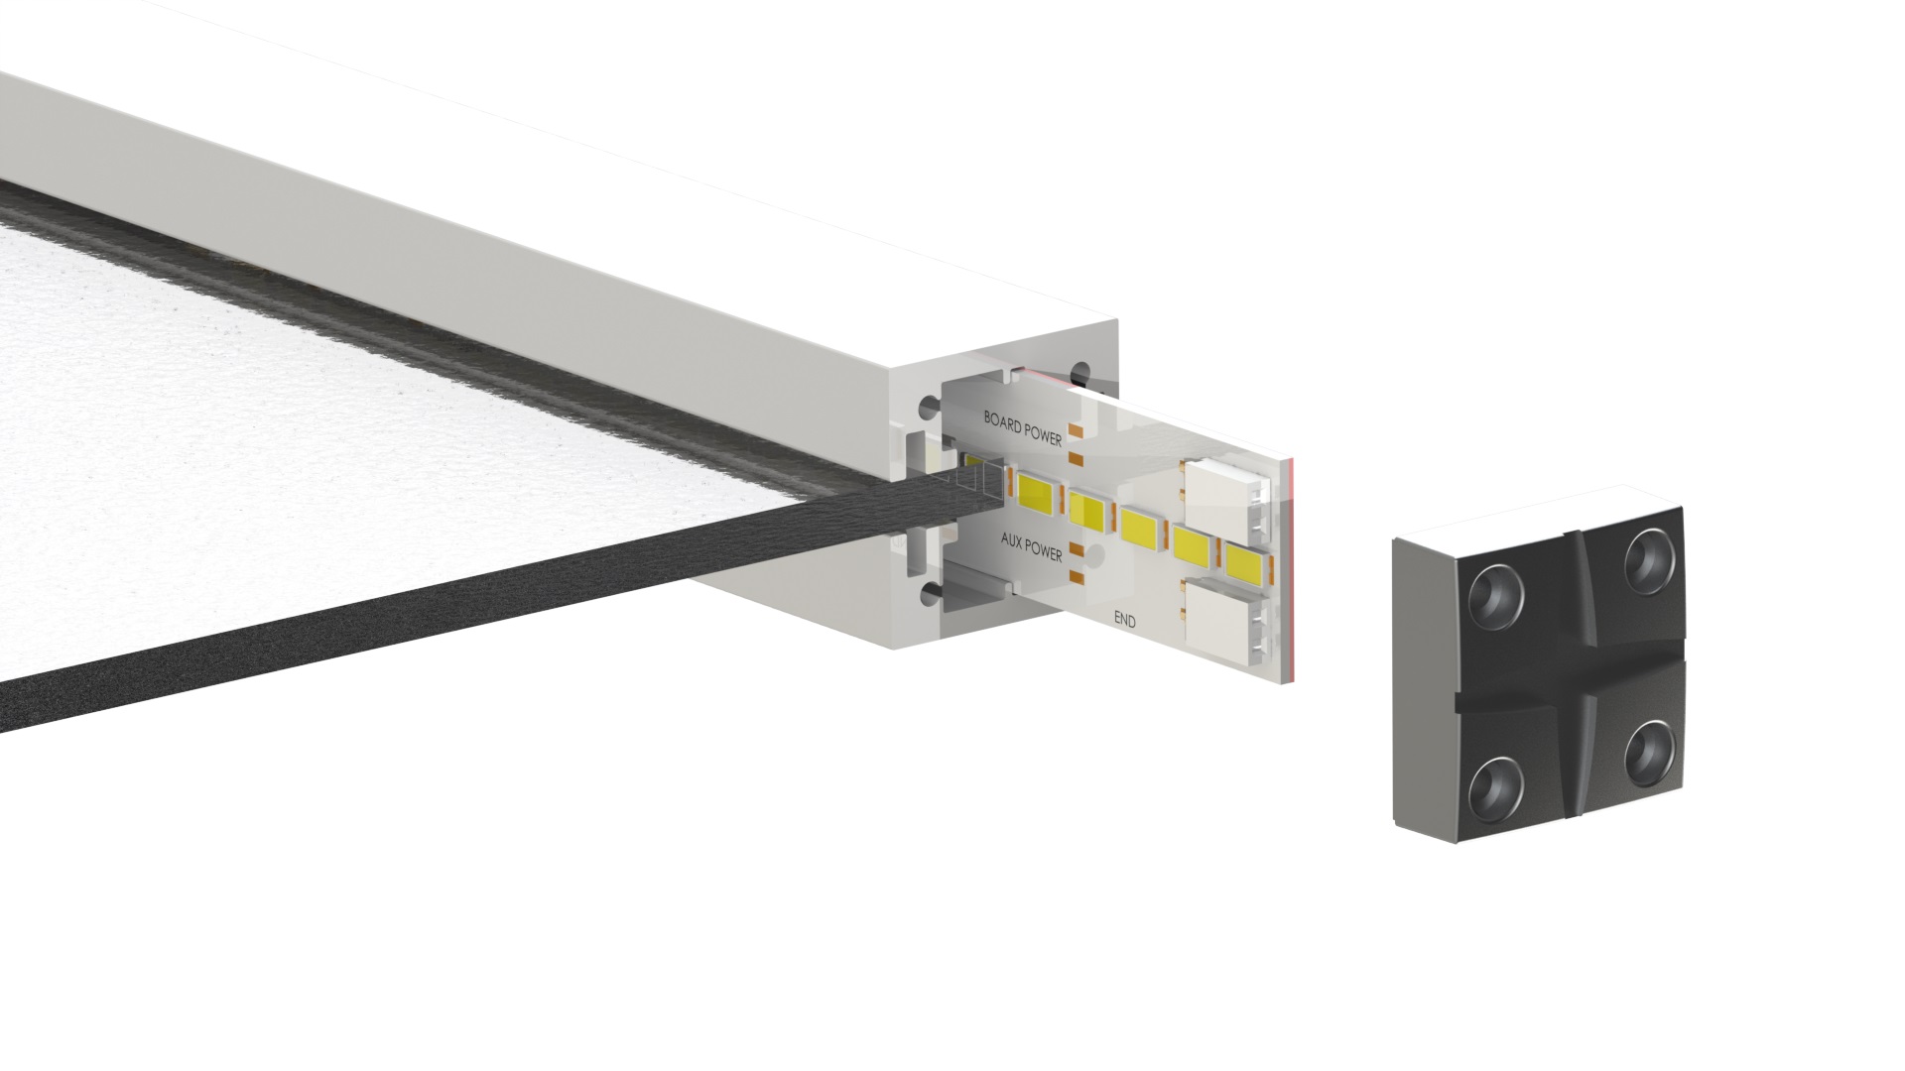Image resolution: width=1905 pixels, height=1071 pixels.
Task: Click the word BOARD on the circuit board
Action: tap(1004, 419)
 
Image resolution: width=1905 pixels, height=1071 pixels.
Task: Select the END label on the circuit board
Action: tap(1125, 621)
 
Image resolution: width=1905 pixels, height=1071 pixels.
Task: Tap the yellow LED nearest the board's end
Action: tap(1248, 562)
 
